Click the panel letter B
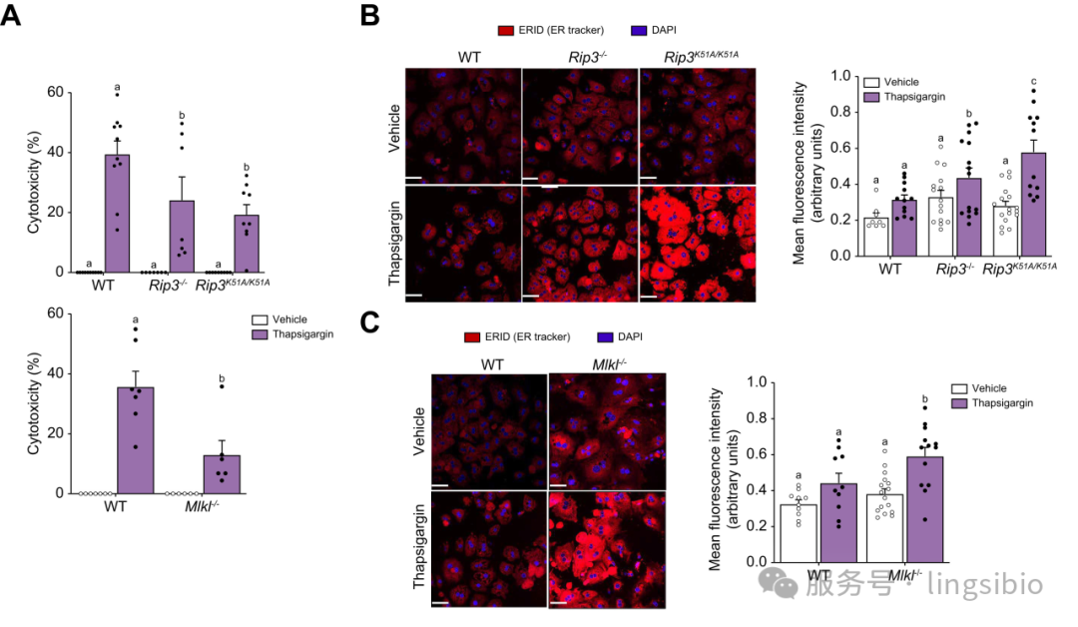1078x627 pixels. pos(368,16)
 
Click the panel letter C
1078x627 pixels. pos(368,321)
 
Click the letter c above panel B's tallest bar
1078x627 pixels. pos(1034,82)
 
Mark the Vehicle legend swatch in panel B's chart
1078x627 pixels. pos(872,82)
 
